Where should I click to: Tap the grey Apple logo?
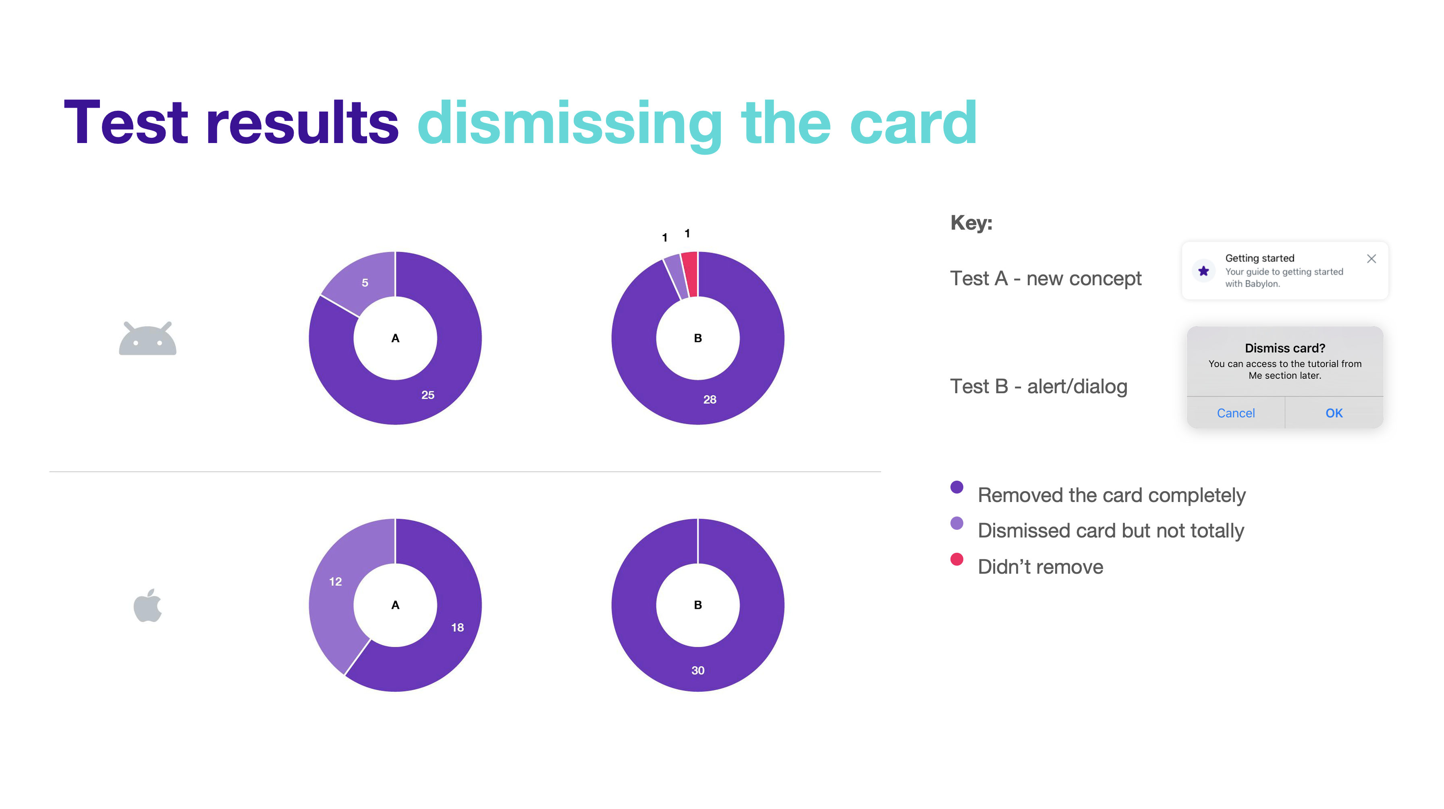147,606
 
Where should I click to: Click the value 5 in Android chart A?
365,282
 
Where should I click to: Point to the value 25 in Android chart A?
428,395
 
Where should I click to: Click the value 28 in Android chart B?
710,399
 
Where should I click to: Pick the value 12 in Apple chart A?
335,581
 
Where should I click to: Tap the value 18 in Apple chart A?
457,627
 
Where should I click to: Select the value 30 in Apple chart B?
698,670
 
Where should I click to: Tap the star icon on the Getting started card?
1203,272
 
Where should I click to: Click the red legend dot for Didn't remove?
957,559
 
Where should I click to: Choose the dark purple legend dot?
957,487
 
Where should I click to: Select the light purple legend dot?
957,523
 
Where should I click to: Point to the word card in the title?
913,122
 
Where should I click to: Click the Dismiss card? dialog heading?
1285,348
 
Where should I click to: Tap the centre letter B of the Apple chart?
698,605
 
